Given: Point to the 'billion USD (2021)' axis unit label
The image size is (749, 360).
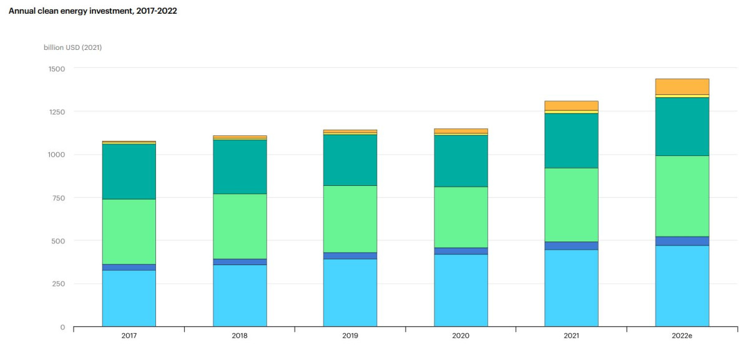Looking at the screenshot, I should [72, 48].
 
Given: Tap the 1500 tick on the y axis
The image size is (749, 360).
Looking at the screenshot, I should [56, 69].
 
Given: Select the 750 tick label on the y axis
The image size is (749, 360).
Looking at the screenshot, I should [57, 198].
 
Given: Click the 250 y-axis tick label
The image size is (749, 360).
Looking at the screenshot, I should [57, 284].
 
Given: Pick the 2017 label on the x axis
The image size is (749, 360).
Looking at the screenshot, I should [129, 336].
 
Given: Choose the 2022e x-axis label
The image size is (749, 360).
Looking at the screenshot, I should [682, 336].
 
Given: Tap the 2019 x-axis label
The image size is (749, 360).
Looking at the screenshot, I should [350, 336].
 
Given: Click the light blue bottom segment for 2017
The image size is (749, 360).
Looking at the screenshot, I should [129, 298].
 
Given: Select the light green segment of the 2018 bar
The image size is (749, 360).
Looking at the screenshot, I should [240, 226].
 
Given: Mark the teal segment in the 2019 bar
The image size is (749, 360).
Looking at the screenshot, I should [350, 160].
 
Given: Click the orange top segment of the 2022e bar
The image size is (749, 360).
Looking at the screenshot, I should [682, 87].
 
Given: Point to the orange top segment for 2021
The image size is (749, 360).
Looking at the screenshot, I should [571, 105].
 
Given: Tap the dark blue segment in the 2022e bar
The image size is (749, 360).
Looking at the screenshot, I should [682, 241].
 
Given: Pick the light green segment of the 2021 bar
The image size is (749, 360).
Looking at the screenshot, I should [571, 205].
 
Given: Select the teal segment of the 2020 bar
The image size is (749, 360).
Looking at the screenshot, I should [461, 161].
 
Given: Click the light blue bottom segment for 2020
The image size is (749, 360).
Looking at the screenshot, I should [461, 290].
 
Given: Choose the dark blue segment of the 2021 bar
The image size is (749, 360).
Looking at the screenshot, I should [571, 246].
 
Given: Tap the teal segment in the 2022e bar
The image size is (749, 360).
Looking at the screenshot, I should [682, 127].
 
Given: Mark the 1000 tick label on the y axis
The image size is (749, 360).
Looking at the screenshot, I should [56, 155].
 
